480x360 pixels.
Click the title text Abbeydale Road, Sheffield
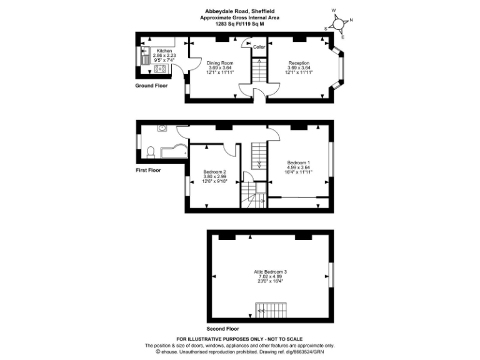[239, 11]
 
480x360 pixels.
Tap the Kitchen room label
[164, 51]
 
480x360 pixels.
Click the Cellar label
[259, 47]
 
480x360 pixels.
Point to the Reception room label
[299, 63]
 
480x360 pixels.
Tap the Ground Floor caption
[152, 86]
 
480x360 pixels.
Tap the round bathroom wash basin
[162, 129]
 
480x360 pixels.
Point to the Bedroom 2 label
[214, 172]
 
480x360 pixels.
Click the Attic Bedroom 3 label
[270, 272]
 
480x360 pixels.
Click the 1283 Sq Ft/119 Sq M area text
[239, 24]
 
